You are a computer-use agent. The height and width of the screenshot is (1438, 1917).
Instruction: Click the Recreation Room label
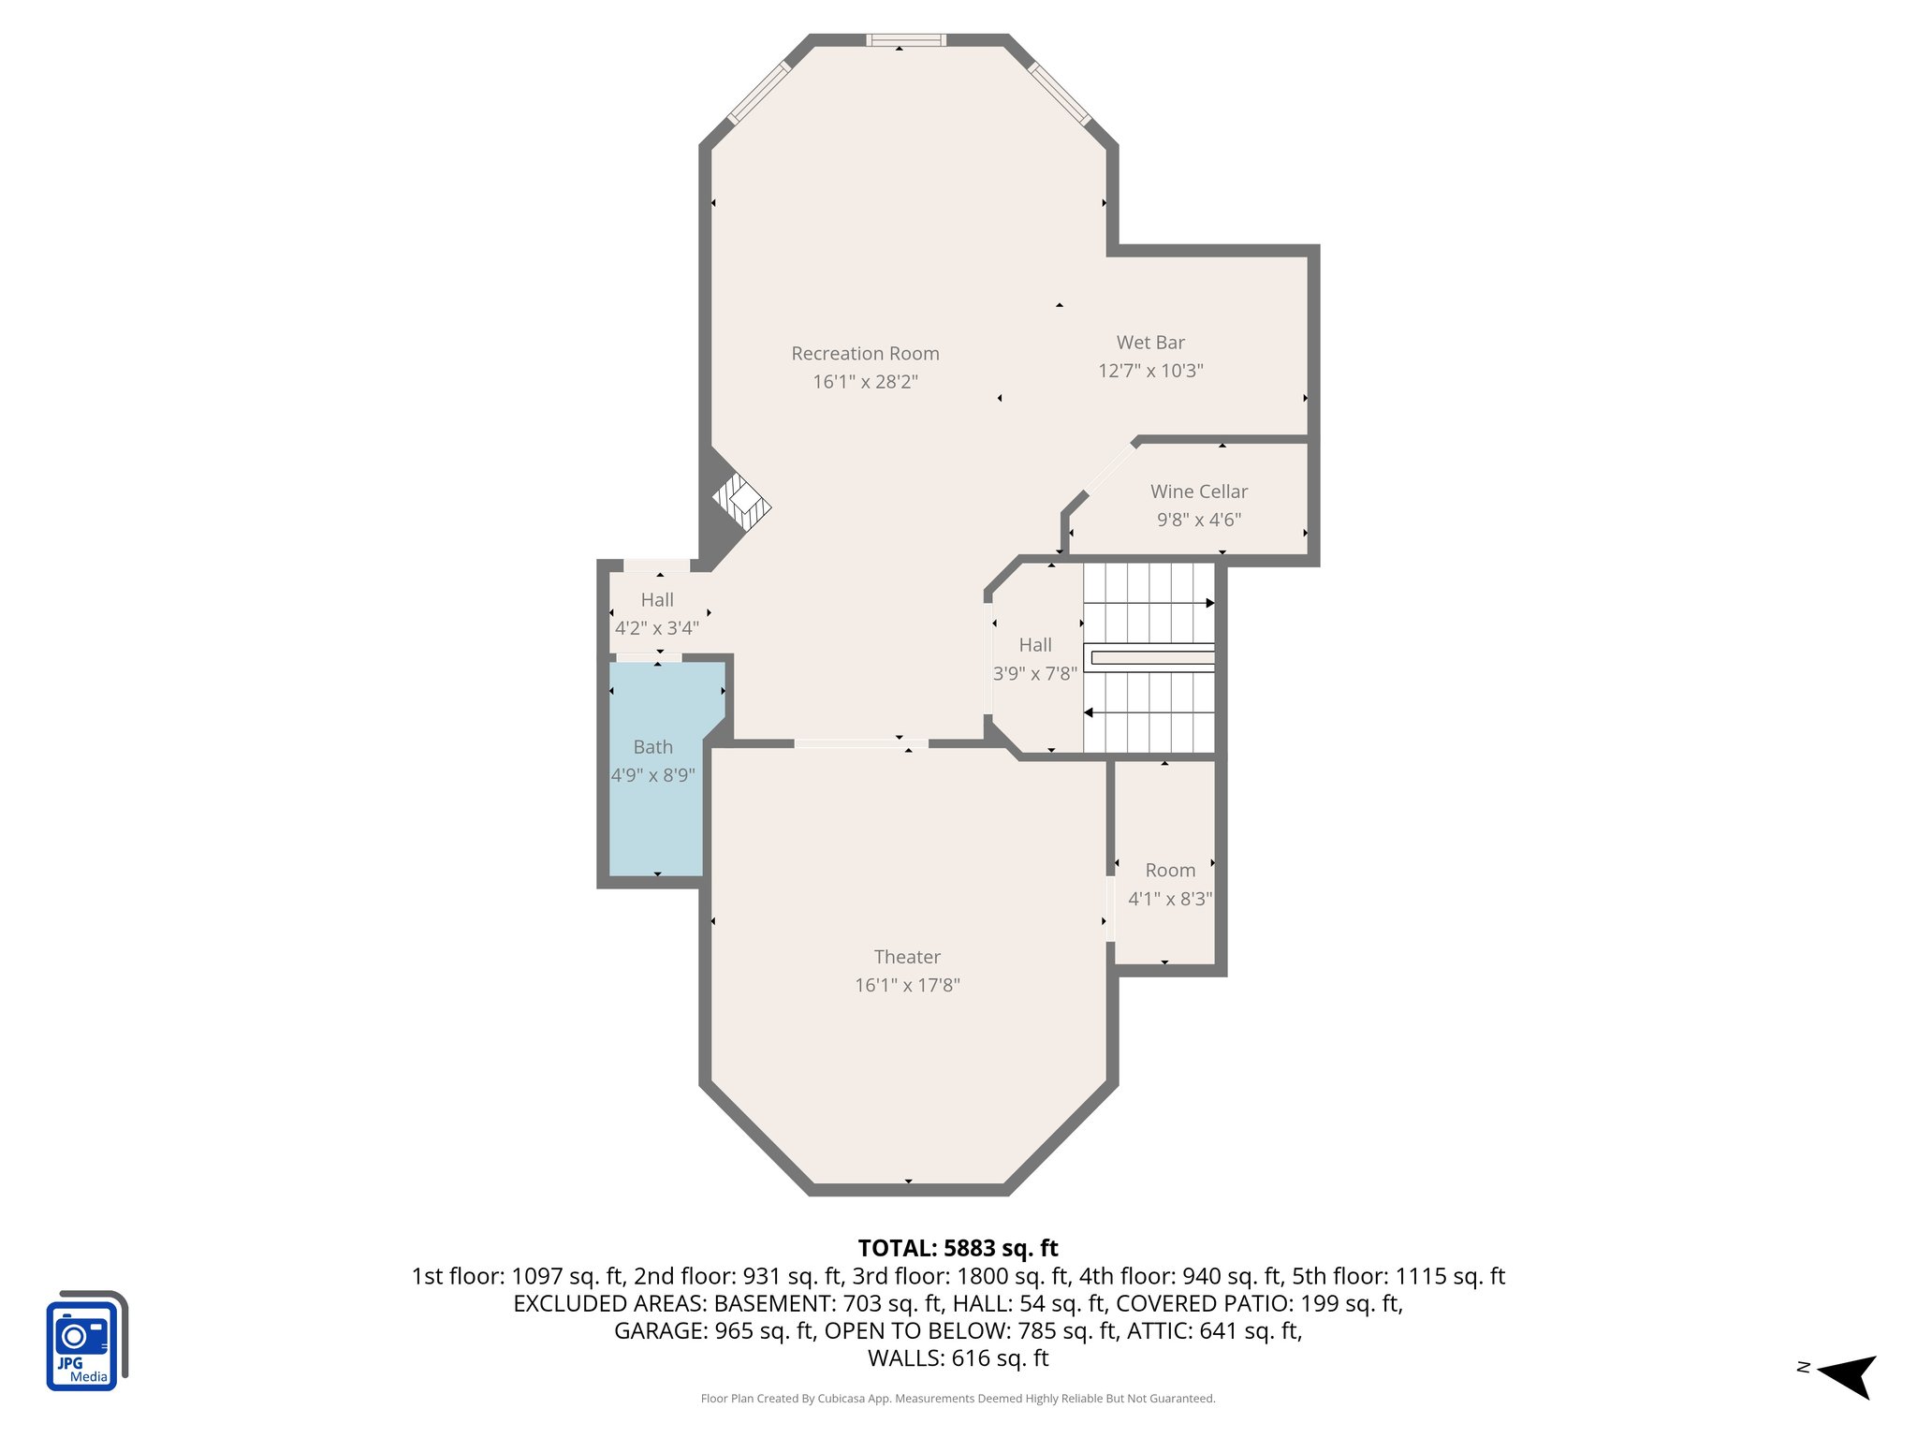tap(865, 354)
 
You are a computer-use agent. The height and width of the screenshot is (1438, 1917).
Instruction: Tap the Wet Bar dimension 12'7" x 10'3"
tap(1150, 371)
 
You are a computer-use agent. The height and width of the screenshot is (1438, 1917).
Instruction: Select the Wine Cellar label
tap(1198, 492)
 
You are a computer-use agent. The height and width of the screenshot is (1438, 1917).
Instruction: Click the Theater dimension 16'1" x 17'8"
tap(907, 985)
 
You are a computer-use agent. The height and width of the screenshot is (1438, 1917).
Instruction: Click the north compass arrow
tap(1848, 1375)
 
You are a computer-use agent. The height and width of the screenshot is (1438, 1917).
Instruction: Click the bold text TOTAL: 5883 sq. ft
tap(958, 1248)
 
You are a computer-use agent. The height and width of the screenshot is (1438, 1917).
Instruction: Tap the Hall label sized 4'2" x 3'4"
tap(657, 600)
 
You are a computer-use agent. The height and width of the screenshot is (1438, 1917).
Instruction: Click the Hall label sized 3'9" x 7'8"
tap(1034, 645)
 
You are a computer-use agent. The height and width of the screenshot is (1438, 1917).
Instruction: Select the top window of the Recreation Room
tap(905, 40)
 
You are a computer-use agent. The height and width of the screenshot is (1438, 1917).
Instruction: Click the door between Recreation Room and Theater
tap(861, 744)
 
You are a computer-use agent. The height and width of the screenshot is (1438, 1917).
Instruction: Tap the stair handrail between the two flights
tap(1151, 657)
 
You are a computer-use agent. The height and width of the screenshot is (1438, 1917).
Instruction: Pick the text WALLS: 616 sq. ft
tap(958, 1357)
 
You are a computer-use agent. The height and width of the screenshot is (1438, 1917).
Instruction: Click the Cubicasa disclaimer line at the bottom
tap(958, 1399)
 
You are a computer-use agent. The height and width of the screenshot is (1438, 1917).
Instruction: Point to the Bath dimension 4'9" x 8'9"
tap(652, 775)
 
